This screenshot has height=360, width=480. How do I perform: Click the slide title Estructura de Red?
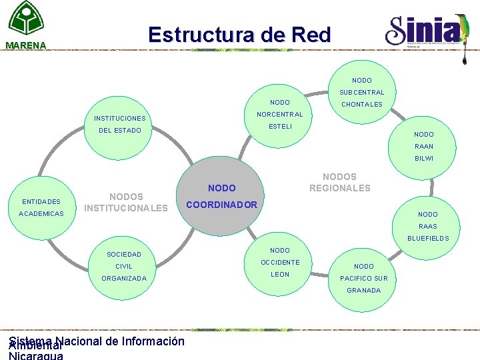(x=239, y=35)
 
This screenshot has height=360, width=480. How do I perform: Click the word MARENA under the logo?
(x=25, y=46)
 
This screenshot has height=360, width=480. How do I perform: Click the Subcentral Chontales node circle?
(x=362, y=92)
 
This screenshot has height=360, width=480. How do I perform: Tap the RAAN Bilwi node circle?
(x=424, y=146)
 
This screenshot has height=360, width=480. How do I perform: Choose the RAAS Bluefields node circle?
(x=427, y=226)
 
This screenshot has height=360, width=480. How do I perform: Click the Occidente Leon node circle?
(x=280, y=262)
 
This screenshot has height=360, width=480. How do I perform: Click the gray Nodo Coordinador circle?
(x=222, y=197)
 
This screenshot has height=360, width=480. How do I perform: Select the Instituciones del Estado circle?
(x=119, y=124)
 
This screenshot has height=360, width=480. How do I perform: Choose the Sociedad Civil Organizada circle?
(x=124, y=266)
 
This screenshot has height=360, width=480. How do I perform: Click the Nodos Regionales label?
(x=339, y=183)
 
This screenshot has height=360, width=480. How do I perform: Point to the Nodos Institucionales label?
(x=126, y=203)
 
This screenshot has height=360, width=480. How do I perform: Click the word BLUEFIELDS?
(x=428, y=238)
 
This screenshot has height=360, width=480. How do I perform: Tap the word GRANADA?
(x=364, y=290)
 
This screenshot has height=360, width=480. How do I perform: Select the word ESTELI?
(x=280, y=127)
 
